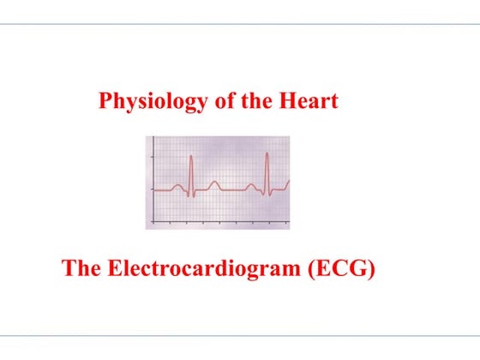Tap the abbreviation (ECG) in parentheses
[340, 268]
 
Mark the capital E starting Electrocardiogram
[114, 268]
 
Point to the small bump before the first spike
[177, 185]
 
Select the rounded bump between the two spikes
[214, 183]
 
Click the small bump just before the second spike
[252, 185]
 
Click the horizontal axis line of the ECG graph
[219, 219]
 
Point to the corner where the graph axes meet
[153, 219]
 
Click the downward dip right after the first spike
[194, 195]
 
